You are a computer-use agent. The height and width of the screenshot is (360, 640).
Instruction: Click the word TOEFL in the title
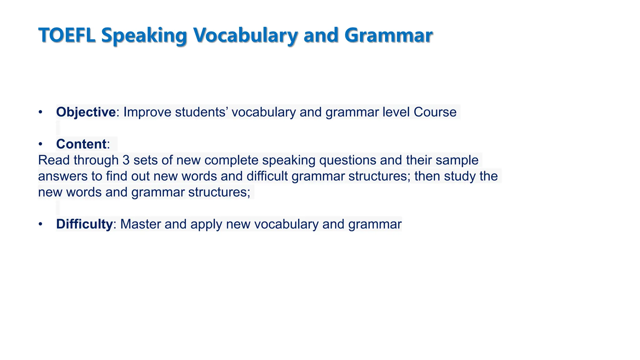pyautogui.click(x=67, y=35)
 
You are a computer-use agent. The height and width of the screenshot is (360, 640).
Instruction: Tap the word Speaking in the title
pyautogui.click(x=144, y=36)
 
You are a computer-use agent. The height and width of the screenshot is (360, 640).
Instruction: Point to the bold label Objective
pyautogui.click(x=86, y=112)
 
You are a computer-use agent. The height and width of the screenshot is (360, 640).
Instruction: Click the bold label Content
pyautogui.click(x=81, y=144)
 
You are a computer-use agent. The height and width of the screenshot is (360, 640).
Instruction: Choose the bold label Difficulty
pyautogui.click(x=84, y=224)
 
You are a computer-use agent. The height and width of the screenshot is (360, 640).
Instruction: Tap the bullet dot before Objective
pyautogui.click(x=40, y=112)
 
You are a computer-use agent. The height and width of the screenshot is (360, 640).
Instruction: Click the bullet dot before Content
pyautogui.click(x=40, y=144)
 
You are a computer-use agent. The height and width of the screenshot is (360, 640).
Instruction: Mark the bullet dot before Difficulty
pyautogui.click(x=40, y=224)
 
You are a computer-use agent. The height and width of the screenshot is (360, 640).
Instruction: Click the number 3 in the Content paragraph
pyautogui.click(x=126, y=160)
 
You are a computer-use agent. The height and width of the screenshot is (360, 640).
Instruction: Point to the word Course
pyautogui.click(x=435, y=112)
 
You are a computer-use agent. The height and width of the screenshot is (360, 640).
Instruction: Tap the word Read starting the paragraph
pyautogui.click(x=54, y=160)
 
